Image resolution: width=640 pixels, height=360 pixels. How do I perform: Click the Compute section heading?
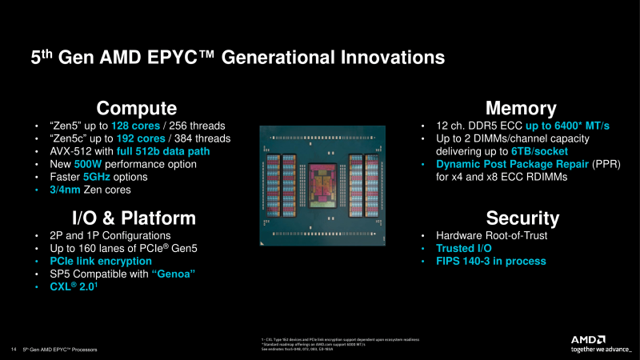pos(137,108)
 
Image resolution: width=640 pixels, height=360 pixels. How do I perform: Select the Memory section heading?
pos(521,108)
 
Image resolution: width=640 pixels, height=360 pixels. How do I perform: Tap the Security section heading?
pos(521,218)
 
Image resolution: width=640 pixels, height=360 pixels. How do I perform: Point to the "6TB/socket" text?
pos(538,151)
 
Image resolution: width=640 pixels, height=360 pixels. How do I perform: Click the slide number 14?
pos(14,350)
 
